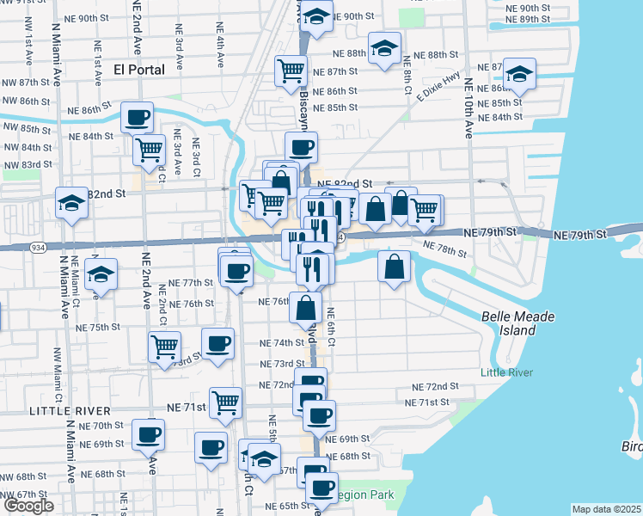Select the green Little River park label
506,372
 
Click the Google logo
28,506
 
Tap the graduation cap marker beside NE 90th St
316,17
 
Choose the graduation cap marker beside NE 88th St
384,48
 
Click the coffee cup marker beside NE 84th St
137,118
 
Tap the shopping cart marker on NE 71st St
225,402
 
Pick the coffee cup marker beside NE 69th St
149,435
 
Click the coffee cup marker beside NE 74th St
217,343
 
